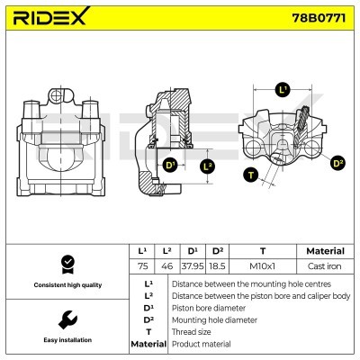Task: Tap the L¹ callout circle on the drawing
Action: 283,90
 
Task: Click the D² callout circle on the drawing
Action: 337,163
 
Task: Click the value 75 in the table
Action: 141,266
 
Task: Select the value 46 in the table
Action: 166,266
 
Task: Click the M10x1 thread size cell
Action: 263,266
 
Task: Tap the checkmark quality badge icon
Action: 67,264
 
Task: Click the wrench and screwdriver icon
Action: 67,320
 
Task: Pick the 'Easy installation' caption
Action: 67,340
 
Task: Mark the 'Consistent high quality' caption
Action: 67,284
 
